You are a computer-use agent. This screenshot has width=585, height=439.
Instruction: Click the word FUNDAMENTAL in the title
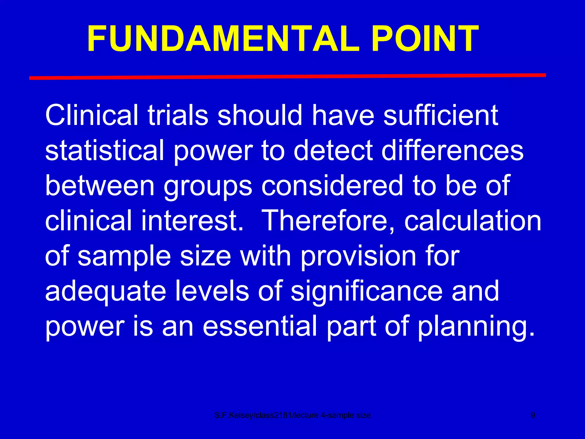point(223,39)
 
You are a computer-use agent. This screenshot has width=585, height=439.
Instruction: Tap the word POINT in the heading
point(425,39)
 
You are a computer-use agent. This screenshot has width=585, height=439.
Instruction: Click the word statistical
point(105,150)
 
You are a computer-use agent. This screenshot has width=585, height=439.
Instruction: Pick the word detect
point(333,150)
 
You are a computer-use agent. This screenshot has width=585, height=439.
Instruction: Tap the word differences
point(452,150)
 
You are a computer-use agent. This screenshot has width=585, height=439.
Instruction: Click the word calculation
point(473,221)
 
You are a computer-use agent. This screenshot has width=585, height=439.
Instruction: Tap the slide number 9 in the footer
point(533,415)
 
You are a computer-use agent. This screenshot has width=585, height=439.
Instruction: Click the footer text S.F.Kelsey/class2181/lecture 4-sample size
point(292,415)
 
